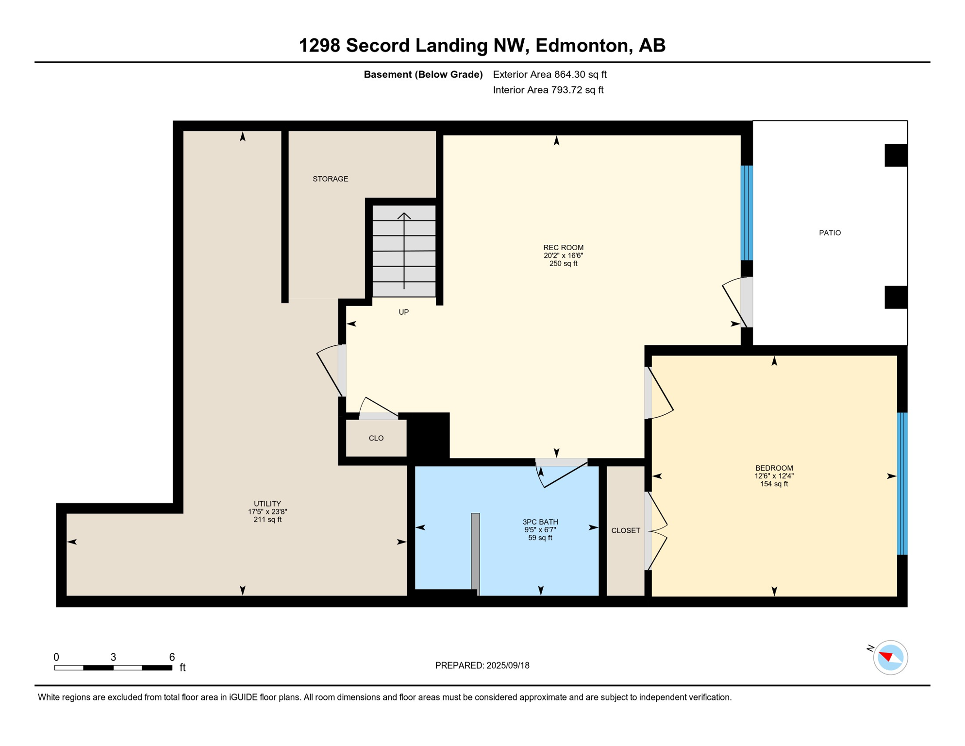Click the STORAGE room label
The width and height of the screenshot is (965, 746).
[330, 179]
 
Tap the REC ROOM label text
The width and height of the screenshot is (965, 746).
[563, 248]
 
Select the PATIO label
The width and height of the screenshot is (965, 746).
[830, 233]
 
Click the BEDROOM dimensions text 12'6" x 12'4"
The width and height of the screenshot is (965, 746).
[774, 476]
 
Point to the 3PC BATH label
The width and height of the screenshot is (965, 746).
[540, 522]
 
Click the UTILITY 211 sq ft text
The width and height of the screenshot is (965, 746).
[267, 520]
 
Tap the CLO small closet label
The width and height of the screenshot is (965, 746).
[376, 438]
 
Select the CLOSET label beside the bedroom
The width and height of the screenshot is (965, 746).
[625, 530]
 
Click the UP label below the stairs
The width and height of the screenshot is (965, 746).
[403, 312]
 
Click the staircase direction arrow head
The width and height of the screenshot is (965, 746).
[404, 215]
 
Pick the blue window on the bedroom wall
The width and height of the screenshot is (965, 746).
[902, 483]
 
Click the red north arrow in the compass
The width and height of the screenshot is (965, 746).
[886, 657]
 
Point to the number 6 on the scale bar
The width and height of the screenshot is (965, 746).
[172, 657]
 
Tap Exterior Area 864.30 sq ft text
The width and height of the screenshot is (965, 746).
[549, 74]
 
